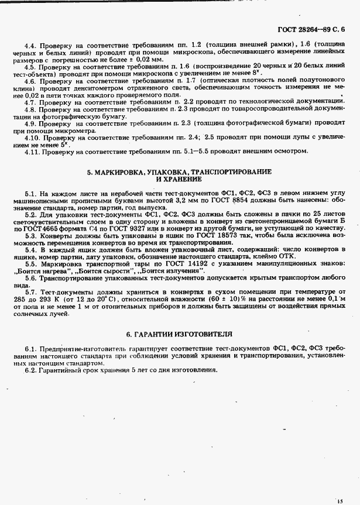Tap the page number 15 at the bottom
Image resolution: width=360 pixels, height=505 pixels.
coord(340,500)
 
